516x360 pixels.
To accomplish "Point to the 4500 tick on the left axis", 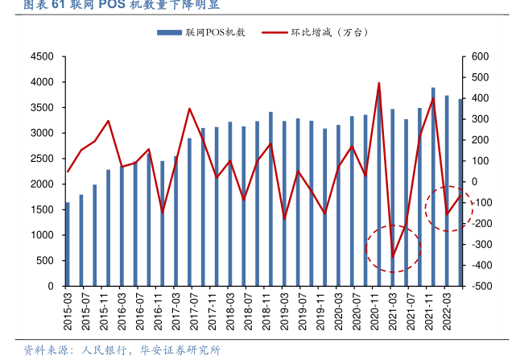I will coord(41,56).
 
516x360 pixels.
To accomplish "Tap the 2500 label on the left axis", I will coord(41,159).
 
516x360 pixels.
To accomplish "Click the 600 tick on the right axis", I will coord(481,56).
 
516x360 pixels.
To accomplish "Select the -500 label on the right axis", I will coord(482,286).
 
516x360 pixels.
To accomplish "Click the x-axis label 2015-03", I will coord(68,311).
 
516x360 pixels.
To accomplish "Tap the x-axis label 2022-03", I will coord(448,311).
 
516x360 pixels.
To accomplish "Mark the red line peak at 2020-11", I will coord(379,83).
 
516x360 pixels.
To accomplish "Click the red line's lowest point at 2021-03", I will coord(393,258).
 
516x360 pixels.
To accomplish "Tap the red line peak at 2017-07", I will coord(189,109).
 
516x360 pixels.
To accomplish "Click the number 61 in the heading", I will coord(58,6).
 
